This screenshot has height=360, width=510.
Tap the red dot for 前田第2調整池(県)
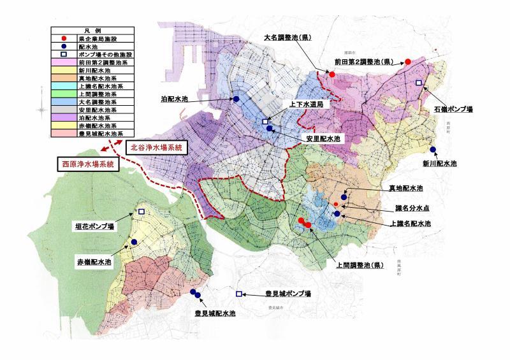coord(407,62)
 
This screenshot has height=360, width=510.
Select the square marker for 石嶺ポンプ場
coord(419,83)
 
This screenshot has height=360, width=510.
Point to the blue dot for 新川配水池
coord(433,150)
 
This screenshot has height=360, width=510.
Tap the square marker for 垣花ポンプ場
coord(142,212)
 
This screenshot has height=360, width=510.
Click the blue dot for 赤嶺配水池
coord(135,242)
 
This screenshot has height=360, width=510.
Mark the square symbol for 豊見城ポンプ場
coord(239,294)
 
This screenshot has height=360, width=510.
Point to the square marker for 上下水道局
coord(265,122)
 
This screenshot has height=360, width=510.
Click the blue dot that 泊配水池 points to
coord(236,99)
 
